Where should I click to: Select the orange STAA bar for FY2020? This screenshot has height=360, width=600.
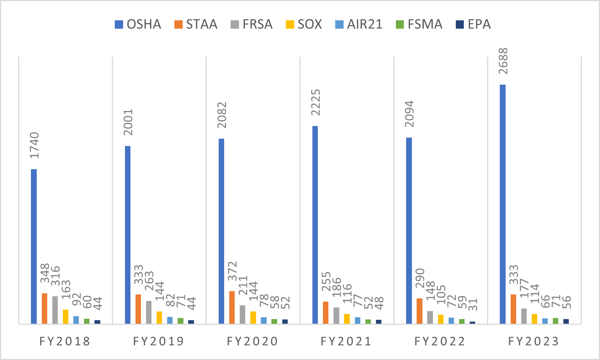(x=232, y=307)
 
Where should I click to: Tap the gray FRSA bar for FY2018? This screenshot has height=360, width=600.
(x=55, y=310)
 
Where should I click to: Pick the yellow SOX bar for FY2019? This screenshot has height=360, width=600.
(x=159, y=317)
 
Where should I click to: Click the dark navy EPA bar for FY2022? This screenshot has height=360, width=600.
(x=472, y=322)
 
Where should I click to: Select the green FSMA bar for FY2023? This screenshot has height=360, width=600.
(x=555, y=320)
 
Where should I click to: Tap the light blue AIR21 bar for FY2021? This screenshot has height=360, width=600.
(x=358, y=320)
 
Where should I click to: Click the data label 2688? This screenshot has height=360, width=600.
(x=503, y=61)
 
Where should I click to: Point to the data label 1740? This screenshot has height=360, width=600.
(x=34, y=145)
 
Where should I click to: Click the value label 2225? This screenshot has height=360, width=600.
(x=316, y=102)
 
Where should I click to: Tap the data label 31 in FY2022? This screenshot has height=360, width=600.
(x=473, y=304)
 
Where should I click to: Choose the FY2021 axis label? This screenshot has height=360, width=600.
(x=346, y=341)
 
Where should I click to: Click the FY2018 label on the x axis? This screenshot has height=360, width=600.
(x=65, y=341)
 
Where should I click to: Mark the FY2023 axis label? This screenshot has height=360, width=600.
(x=534, y=341)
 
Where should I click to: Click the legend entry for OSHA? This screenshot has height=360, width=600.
(x=138, y=24)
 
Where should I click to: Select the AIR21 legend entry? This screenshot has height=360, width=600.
(x=359, y=24)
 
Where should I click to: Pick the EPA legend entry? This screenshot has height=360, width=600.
(x=474, y=24)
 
